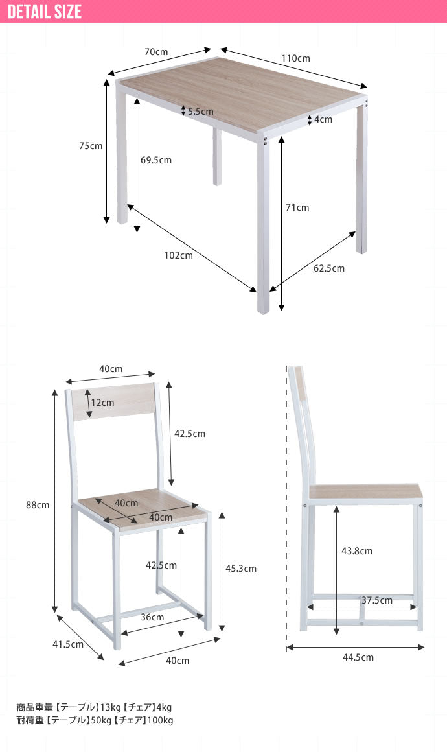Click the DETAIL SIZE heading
45,12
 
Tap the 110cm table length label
295,58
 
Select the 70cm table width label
156,52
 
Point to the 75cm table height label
91,146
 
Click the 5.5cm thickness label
201,112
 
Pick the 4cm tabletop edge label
323,119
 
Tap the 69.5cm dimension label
155,160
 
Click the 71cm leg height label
297,207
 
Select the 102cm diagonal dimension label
179,255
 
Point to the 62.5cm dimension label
329,268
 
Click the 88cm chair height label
38,505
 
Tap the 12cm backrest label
103,403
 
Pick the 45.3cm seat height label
241,569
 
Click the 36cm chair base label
152,617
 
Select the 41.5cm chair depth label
68,644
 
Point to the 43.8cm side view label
357,552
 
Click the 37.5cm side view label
377,600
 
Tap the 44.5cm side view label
358,657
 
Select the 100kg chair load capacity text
161,720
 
